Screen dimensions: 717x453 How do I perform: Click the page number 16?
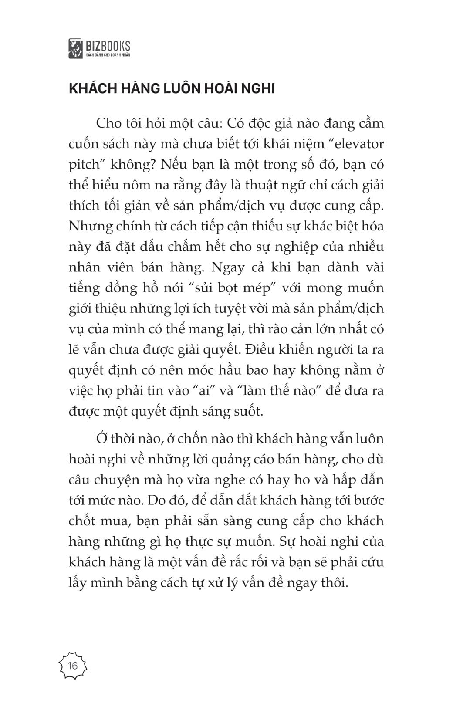click(72, 666)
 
